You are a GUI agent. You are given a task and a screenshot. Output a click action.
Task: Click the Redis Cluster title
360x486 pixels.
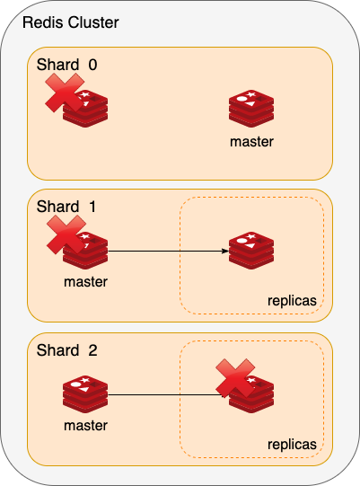71,22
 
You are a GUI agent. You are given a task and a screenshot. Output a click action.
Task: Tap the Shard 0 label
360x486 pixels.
67,65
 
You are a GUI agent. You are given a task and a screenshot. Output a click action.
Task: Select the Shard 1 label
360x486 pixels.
66,207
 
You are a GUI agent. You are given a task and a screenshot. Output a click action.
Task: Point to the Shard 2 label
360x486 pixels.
67,350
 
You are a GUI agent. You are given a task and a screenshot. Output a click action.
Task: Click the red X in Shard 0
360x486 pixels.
65,93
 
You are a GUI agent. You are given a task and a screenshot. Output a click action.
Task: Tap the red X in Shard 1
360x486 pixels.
66,235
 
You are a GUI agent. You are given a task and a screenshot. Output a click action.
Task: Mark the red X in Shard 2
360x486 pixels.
235,378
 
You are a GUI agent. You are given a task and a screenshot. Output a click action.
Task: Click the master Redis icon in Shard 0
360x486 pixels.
251,109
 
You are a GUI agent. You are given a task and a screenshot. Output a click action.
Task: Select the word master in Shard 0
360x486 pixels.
251,142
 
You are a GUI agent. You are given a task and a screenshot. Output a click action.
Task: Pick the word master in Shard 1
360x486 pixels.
85,282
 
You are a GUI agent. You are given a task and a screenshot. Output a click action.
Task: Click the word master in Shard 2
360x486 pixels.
85,426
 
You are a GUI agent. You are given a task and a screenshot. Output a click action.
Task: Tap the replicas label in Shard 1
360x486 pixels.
292,301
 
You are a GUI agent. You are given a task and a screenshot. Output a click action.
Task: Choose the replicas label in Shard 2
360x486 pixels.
292,445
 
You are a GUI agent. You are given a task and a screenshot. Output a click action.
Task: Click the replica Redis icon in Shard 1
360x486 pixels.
251,251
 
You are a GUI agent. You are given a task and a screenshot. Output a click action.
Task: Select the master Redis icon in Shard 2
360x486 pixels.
85,394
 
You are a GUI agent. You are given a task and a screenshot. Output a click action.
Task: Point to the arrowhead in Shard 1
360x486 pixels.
225,251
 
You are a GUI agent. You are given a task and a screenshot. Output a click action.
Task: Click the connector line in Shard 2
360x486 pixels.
166,395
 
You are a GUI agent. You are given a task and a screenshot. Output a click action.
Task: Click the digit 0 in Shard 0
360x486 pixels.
93,65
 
